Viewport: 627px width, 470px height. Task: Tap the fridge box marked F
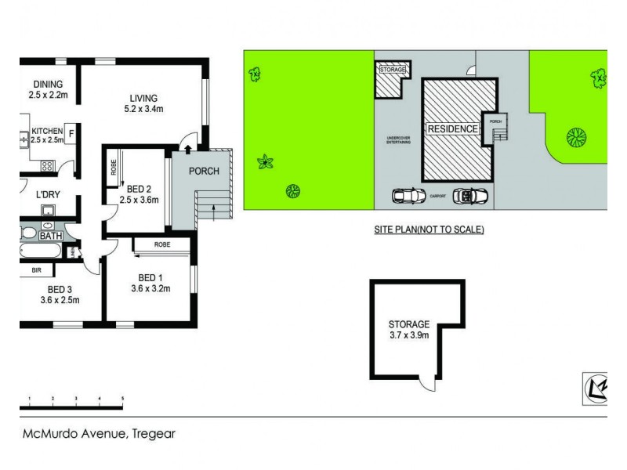coord(71,133)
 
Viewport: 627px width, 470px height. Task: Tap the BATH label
coord(51,235)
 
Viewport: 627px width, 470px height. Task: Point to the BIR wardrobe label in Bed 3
coord(36,270)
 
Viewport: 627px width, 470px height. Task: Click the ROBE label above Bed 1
coord(162,244)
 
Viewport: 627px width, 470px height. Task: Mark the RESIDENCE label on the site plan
coord(452,128)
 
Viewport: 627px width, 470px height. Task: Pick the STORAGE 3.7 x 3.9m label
coord(408,330)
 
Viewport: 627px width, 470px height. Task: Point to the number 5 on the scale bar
coord(122,399)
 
